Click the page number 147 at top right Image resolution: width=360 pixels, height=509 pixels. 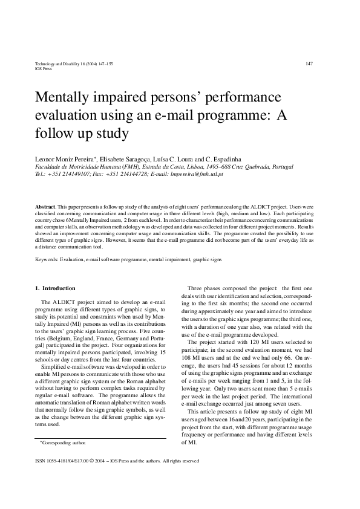(x=309, y=63)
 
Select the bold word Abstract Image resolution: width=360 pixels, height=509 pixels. (x=46, y=206)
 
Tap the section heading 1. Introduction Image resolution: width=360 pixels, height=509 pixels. (x=55, y=288)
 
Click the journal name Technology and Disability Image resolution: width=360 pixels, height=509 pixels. (x=61, y=63)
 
